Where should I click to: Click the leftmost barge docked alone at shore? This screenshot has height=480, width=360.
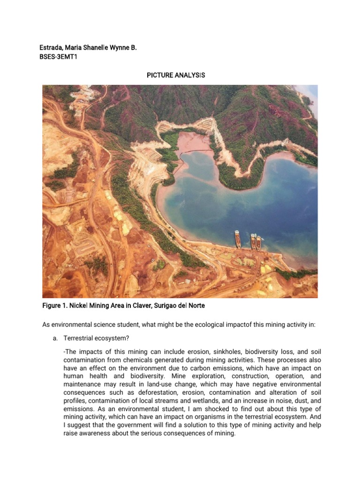coord(238,239)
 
